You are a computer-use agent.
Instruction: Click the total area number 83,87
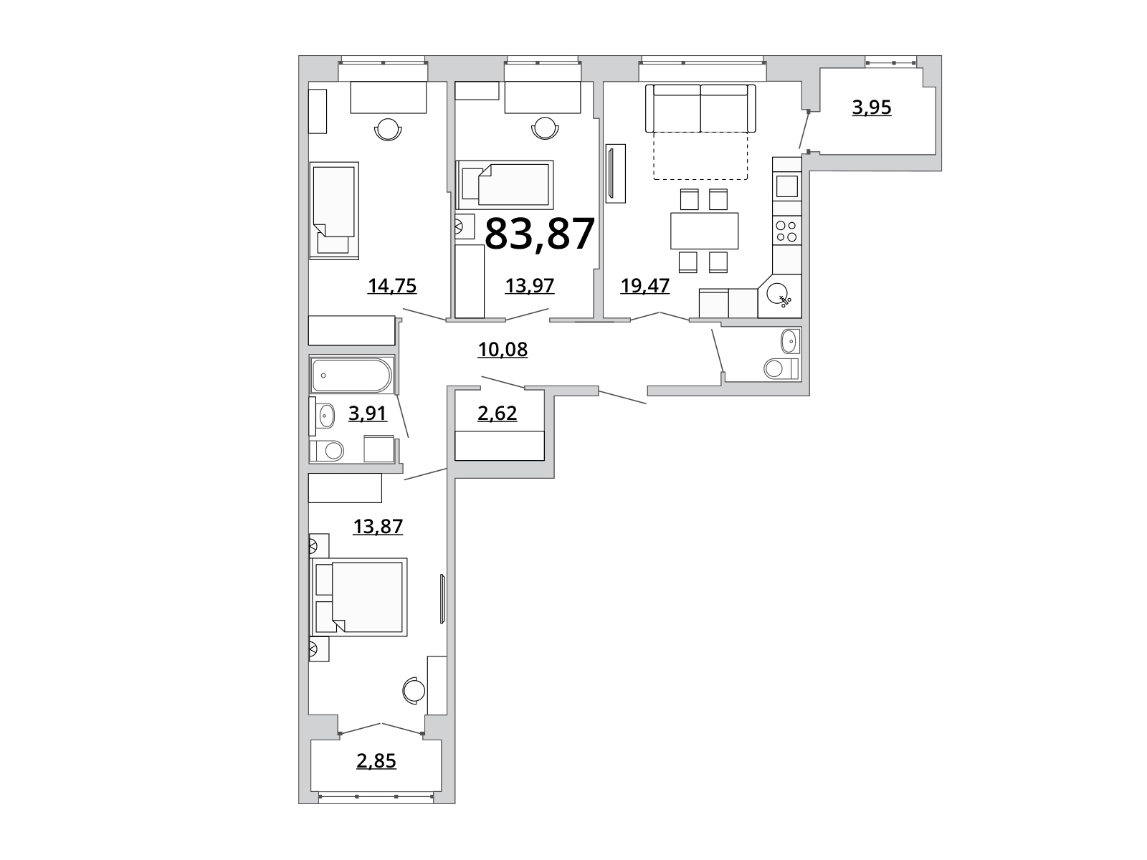pyautogui.click(x=539, y=234)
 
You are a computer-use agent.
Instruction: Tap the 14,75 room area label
pyautogui.click(x=392, y=286)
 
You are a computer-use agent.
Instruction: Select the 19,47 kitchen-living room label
pyautogui.click(x=644, y=286)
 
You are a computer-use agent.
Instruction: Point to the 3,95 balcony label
pyautogui.click(x=872, y=107)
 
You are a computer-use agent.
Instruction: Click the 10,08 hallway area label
pyautogui.click(x=503, y=349)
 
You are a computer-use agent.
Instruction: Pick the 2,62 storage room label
pyautogui.click(x=497, y=413)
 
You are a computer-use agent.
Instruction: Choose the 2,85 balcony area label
pyautogui.click(x=376, y=761)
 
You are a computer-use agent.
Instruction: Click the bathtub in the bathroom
pyautogui.click(x=351, y=374)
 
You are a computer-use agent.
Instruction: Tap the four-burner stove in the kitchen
pyautogui.click(x=786, y=231)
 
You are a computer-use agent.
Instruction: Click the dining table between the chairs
pyautogui.click(x=705, y=230)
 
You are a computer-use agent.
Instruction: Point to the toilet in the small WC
pyautogui.click(x=781, y=368)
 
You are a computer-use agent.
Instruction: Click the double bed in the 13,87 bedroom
pyautogui.click(x=359, y=597)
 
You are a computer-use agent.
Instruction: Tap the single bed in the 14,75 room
pyautogui.click(x=334, y=211)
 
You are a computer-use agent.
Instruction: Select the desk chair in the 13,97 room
pyautogui.click(x=545, y=128)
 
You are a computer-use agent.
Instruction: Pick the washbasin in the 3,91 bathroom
pyautogui.click(x=326, y=416)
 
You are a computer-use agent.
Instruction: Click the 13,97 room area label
pyautogui.click(x=529, y=286)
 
